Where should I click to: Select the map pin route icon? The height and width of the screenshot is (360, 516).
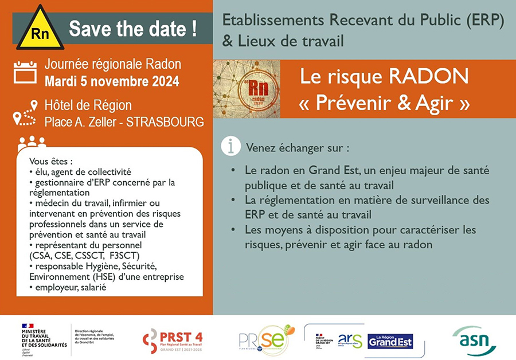(24, 113)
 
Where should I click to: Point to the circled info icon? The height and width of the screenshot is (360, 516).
(230, 147)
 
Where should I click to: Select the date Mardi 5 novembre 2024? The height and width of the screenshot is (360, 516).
(112, 80)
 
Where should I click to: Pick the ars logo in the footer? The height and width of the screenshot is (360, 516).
(350, 341)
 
